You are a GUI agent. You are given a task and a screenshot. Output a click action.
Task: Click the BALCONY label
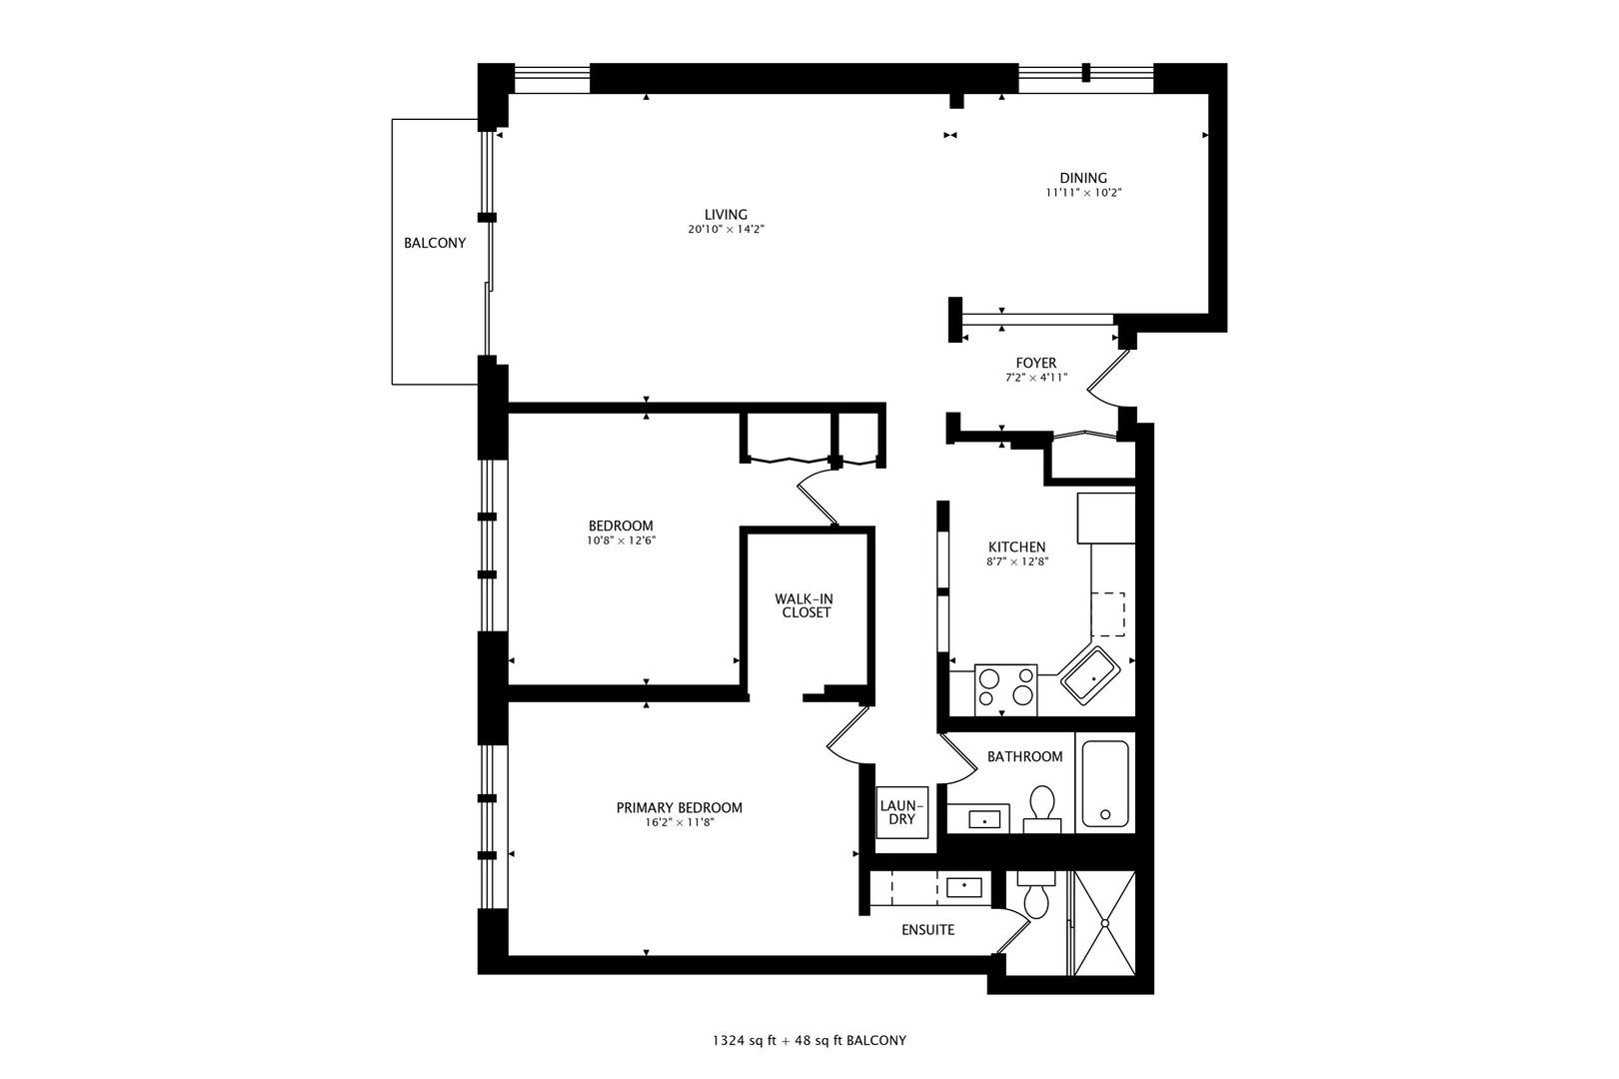[435, 243]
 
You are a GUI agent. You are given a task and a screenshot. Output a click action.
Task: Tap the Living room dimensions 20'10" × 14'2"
[726, 230]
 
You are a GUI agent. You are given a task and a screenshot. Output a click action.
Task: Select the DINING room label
[1083, 179]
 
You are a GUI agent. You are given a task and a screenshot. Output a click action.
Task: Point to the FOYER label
[1036, 363]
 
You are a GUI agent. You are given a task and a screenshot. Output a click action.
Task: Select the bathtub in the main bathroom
[1105, 785]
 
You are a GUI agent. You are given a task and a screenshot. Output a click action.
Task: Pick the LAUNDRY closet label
[902, 811]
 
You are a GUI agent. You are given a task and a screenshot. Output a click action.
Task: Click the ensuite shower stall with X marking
[1104, 924]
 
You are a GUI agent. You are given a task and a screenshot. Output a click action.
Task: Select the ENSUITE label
[927, 930]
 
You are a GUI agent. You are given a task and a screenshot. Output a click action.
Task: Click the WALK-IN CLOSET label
[806, 605]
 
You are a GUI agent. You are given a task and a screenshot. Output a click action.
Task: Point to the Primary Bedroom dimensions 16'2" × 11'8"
[679, 823]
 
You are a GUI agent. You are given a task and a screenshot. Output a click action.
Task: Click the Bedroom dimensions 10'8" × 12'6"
[621, 540]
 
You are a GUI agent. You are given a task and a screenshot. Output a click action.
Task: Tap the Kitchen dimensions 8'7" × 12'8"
[1016, 561]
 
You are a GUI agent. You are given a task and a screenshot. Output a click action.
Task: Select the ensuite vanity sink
[963, 886]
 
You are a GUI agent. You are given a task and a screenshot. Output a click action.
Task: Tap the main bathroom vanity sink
[985, 820]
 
